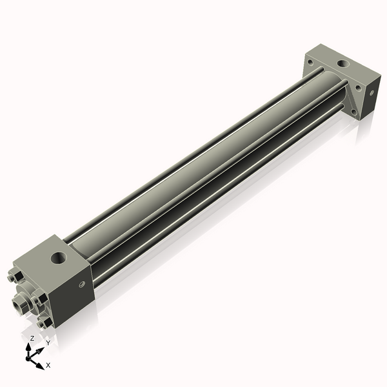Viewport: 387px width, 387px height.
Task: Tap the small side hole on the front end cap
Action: coord(81,284)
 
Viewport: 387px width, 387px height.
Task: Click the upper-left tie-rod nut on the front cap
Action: coord(15,278)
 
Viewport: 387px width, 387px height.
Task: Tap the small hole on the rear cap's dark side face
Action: coord(371,92)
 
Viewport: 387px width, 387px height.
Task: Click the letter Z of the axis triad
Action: coord(32,338)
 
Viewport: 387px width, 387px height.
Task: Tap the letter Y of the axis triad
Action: coord(48,343)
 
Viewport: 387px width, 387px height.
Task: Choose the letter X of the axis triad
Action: coord(48,365)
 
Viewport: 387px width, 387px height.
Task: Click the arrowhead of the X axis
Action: coord(41,364)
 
